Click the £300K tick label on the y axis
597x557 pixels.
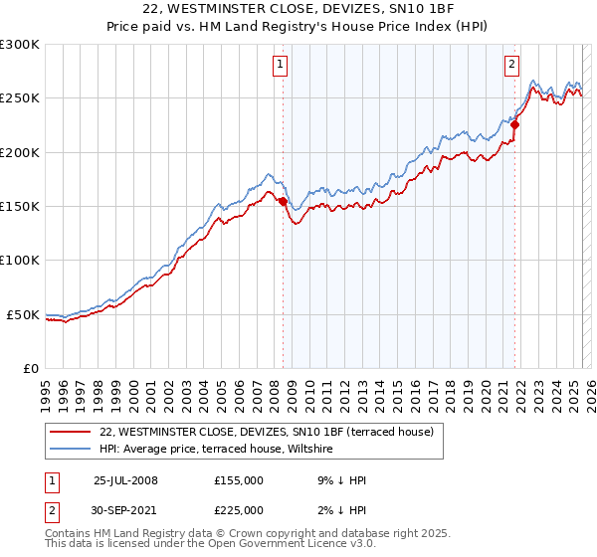[19, 45]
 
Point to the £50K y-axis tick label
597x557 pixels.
[22, 314]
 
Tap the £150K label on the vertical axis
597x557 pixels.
[19, 207]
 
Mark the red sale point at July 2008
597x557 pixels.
[283, 201]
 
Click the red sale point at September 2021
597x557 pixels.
[514, 125]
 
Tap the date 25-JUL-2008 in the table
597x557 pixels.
[125, 480]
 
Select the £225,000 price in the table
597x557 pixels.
[239, 510]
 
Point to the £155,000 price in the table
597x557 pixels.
[239, 480]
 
